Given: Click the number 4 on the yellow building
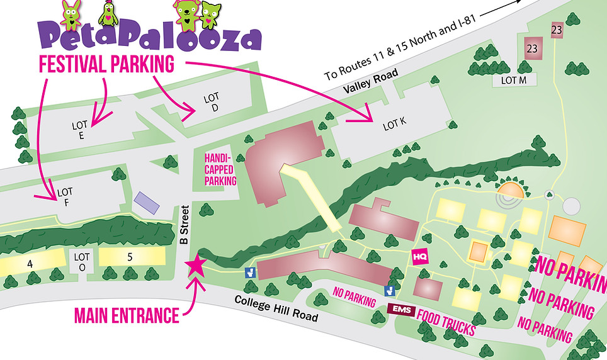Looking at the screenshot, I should [x=30, y=264].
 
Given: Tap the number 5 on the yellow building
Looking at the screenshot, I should [x=129, y=257].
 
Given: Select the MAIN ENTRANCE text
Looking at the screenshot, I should [x=126, y=315].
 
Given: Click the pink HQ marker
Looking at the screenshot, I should [x=420, y=257].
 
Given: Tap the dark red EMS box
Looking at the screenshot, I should [x=400, y=310].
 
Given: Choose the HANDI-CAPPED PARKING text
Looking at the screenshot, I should [x=220, y=169].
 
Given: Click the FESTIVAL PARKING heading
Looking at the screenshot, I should [x=106, y=64].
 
